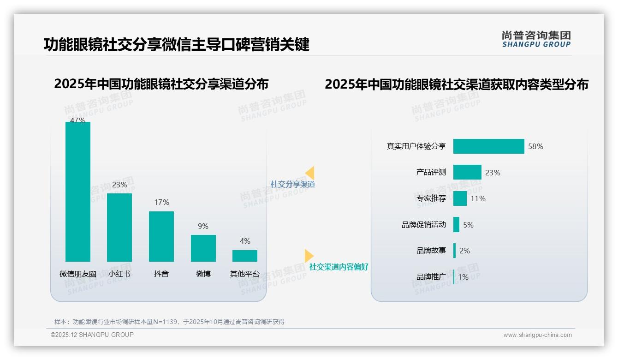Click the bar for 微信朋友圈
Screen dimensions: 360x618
coord(78,192)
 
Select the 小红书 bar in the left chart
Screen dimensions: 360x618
coord(119,227)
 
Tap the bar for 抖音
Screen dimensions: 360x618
coord(161,236)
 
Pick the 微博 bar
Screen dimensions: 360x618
coord(203,248)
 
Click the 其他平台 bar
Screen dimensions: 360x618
coord(245,256)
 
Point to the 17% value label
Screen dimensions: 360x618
coord(161,202)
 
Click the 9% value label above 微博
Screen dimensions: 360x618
coord(203,226)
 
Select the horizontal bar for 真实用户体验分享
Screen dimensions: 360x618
coord(488,146)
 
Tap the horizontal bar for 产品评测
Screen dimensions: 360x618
coord(467,172)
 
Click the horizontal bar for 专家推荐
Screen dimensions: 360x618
coord(460,198)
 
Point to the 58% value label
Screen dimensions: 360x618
coord(535,146)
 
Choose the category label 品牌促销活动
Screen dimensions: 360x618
coord(424,225)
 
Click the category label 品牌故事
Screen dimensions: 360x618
coord(431,251)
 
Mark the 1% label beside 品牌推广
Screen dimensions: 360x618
coord(463,277)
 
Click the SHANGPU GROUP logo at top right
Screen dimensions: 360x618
coord(536,39)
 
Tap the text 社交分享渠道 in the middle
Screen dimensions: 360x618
coord(292,184)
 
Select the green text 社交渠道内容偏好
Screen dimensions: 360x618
coord(339,267)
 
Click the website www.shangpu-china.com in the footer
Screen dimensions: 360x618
coord(537,335)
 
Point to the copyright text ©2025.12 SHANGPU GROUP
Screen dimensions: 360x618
coord(92,335)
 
